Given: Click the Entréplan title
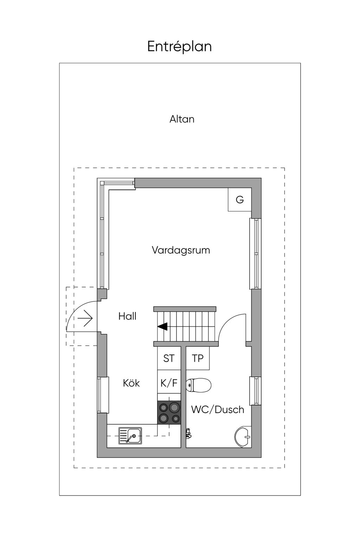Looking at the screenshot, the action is coord(179,47).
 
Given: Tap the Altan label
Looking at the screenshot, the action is coord(182,119).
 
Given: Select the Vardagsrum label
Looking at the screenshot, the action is coord(181,250).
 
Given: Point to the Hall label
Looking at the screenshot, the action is coord(127,316).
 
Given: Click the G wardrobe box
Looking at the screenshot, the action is coord(239,200).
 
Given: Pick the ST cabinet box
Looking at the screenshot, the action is coord(169,358).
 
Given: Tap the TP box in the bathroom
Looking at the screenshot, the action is coord(198,358).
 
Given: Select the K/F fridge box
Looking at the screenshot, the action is coord(169,383).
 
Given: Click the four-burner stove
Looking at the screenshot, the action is coord(169,412).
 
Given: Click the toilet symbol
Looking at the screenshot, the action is coord(199,385).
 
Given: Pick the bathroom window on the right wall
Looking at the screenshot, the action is coord(255,391).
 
